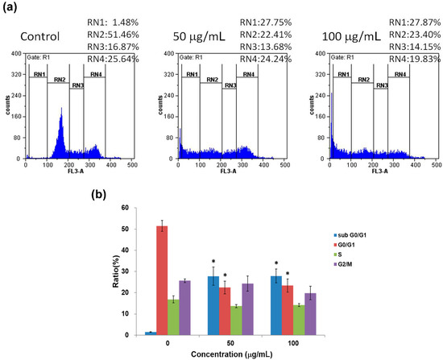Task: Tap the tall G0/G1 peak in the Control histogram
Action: click(60, 129)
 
